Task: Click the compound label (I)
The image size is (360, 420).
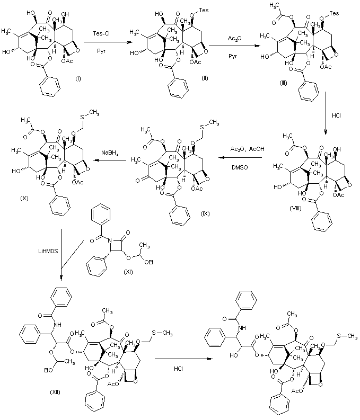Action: click(x=77, y=78)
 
